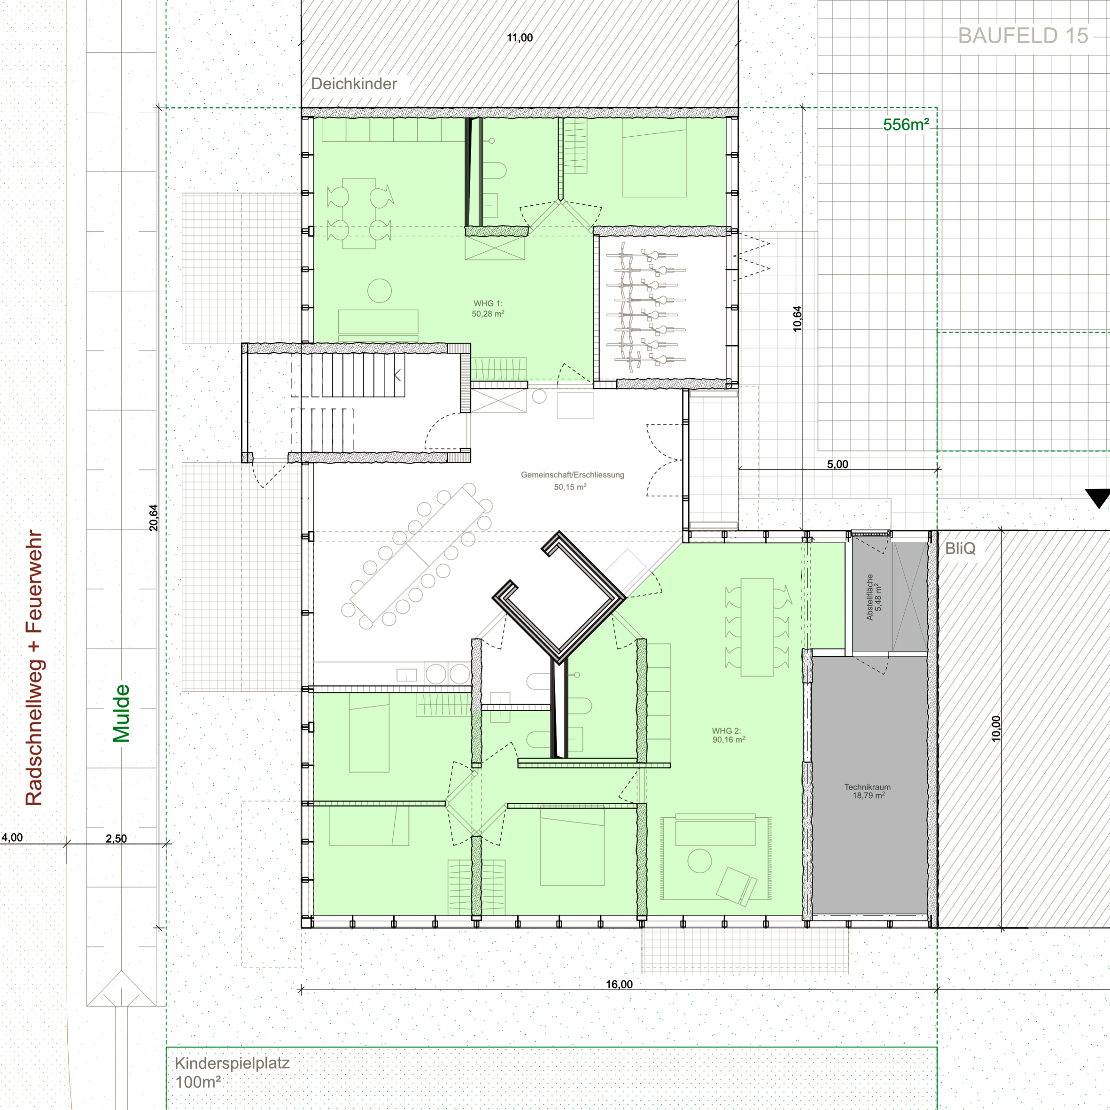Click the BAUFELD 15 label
pos(1023,36)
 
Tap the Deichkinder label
pos(354,84)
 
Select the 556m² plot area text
pos(906,124)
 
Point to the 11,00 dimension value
pos(520,38)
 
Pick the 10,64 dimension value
pos(797,318)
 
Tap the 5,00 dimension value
pos(838,464)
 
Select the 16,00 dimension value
pos(619,984)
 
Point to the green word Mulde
pos(121,713)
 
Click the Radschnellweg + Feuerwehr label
pos(34,668)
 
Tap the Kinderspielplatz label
pos(232,1063)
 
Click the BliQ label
pos(960,548)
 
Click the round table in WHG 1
pos(380,290)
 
